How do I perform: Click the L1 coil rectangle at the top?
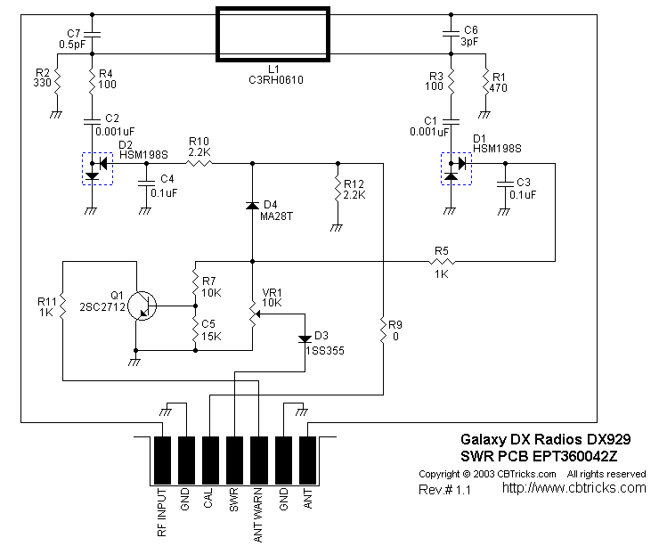pos(273,35)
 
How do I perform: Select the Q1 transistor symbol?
pos(142,306)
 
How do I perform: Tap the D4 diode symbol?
pos(252,206)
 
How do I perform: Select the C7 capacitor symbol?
pos(93,35)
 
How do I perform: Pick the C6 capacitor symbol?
pos(451,35)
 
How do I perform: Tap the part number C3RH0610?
pos(273,78)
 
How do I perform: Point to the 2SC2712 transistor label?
pos(101,306)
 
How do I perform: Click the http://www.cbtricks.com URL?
pos(574,488)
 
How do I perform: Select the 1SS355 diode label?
pos(325,351)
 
